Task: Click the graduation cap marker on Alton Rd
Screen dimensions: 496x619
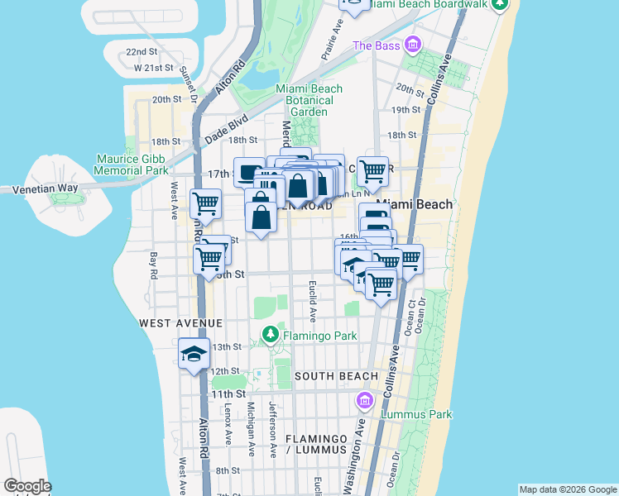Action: [194, 355]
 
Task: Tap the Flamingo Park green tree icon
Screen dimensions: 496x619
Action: [270, 335]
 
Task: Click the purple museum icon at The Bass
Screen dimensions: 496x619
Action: [412, 45]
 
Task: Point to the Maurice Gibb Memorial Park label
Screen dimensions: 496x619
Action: [132, 164]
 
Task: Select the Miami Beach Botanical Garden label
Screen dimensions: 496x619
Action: [308, 100]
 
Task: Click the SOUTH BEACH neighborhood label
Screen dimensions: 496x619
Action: [336, 376]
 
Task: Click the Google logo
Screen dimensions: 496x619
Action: [27, 486]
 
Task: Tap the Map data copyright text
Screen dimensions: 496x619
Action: [568, 489]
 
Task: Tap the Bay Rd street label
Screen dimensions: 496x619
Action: [153, 266]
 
